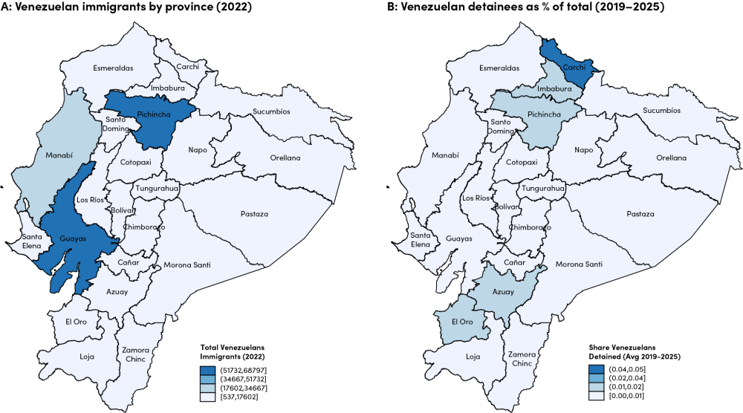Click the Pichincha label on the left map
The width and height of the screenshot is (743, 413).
click(x=156, y=114)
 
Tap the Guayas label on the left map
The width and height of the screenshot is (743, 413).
click(x=74, y=238)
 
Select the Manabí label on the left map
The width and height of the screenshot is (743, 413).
click(x=58, y=155)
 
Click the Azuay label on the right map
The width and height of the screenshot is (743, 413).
click(x=503, y=292)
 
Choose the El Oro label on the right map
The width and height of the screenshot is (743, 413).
click(x=461, y=322)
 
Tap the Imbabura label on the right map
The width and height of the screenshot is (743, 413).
click(x=554, y=88)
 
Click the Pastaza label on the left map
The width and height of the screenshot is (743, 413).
click(x=255, y=214)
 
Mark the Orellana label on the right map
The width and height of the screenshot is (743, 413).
click(x=671, y=158)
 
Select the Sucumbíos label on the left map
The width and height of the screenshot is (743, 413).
click(x=271, y=111)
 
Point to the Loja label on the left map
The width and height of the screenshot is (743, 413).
click(x=87, y=356)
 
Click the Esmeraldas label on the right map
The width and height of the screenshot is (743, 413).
click(x=499, y=68)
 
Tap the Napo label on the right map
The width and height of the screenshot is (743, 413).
click(x=584, y=150)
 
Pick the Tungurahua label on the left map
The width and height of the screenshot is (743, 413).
click(x=156, y=189)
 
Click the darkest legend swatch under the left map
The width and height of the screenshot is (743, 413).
click(x=208, y=370)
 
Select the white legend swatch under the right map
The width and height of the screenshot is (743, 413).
click(x=596, y=397)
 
